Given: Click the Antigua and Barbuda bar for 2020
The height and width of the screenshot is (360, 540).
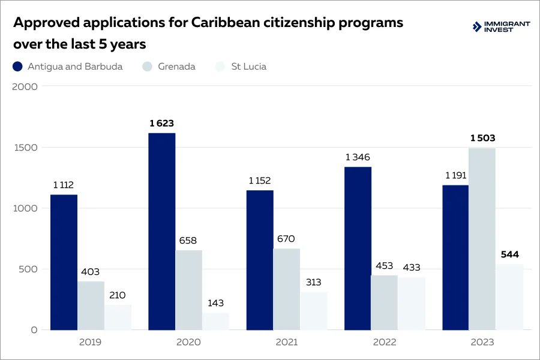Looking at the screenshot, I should point(162,231).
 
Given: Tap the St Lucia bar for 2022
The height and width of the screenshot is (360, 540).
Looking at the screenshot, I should point(412,304).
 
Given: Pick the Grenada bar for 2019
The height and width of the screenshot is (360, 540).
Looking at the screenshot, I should point(91,305).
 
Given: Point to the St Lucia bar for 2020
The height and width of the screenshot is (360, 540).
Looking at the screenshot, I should point(215,321).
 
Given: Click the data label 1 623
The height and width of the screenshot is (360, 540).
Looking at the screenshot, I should point(162,124).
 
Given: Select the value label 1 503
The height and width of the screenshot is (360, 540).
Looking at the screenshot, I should point(482,138).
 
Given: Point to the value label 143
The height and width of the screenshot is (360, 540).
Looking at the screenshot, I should point(215,303).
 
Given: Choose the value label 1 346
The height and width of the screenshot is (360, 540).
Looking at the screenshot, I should point(358,157).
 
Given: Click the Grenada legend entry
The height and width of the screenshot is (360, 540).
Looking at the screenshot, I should point(176,67).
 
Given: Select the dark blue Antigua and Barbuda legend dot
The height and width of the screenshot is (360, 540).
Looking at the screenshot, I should point(17,67).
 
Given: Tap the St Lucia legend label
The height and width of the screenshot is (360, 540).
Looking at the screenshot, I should point(248,67).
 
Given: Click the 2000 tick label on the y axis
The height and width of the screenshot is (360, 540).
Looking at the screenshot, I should point(25,86).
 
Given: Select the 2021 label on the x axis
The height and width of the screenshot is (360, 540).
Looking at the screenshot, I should point(286,343).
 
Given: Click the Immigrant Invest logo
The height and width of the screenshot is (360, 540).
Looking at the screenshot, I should point(502,26).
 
